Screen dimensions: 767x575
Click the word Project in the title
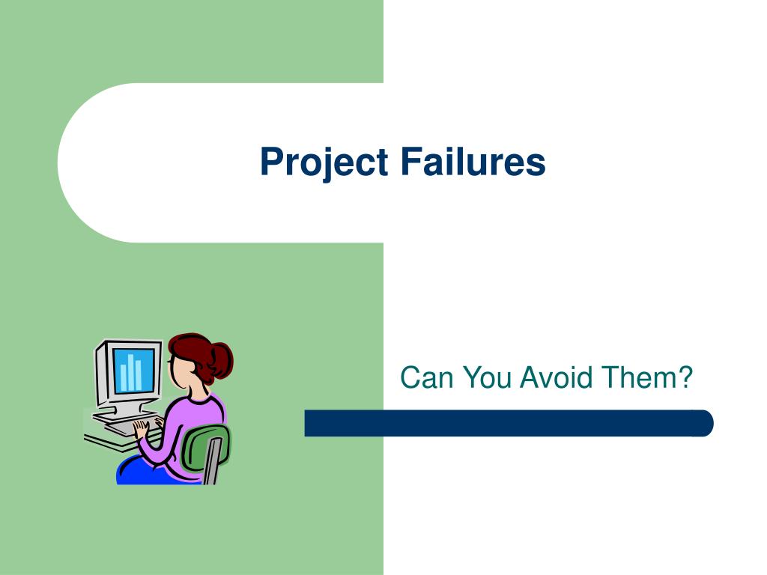coord(324,162)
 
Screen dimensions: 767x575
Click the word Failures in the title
coord(473,161)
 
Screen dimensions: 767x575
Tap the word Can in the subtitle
coord(426,377)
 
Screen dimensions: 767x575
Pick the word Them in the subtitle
coord(638,377)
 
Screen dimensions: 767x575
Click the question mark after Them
coord(684,377)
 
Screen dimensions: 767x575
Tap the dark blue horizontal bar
coord(509,423)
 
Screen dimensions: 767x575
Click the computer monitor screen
coord(133,370)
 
